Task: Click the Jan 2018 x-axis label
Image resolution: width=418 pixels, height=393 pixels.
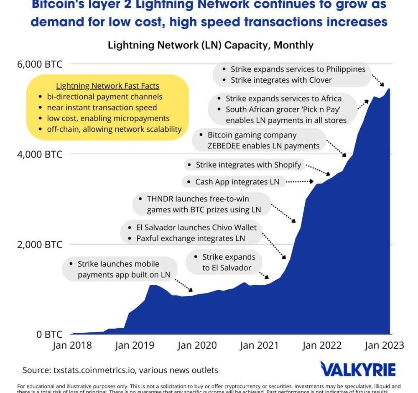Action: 72,345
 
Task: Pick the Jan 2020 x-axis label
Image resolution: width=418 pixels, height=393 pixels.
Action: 197,345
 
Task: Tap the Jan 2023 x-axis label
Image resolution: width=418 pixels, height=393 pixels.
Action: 385,345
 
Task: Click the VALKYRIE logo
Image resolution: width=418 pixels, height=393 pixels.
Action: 358,369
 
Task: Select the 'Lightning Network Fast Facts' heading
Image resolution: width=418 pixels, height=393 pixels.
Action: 107,86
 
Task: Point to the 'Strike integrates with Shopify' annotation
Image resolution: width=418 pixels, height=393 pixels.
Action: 248,165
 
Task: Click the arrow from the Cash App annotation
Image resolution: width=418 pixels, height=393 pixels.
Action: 300,181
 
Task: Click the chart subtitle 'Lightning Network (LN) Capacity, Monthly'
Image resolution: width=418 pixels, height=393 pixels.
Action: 211,45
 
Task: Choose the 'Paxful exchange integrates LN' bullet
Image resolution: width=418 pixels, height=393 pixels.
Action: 191,239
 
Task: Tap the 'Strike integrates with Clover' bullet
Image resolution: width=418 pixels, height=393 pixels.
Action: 281,80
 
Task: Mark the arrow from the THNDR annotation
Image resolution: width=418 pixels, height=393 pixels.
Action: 283,212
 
